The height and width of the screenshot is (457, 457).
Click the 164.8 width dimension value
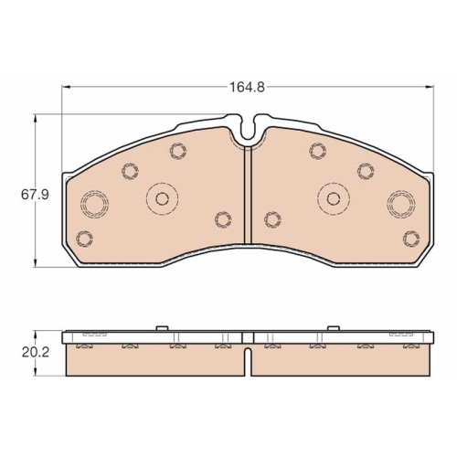[x=247, y=88]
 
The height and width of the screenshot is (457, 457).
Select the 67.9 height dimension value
[x=35, y=195]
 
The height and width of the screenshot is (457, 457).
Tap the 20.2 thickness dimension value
[x=36, y=353]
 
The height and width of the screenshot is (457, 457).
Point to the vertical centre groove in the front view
[x=249, y=195]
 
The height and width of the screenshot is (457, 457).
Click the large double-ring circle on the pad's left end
[x=94, y=204]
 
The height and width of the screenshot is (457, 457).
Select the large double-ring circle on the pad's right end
[x=401, y=204]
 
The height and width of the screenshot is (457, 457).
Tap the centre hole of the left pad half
[x=162, y=199]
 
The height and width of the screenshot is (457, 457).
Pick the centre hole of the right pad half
[x=334, y=198]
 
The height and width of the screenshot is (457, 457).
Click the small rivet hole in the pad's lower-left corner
[x=84, y=239]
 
